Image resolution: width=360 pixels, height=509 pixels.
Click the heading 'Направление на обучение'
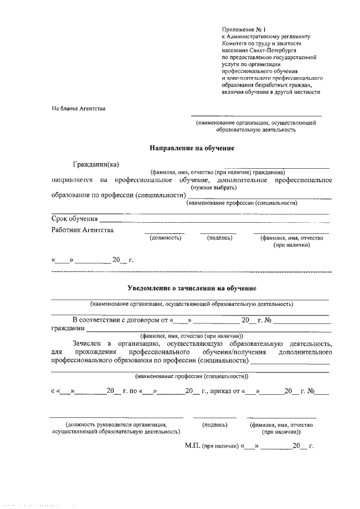coord(191,148)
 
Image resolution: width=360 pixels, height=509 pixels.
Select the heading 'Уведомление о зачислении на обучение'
coord(192,288)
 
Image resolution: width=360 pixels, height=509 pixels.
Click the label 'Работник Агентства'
coord(82,229)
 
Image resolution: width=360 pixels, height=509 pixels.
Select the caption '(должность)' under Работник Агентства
coord(165,238)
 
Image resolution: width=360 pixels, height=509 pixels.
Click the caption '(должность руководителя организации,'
coord(116,425)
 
